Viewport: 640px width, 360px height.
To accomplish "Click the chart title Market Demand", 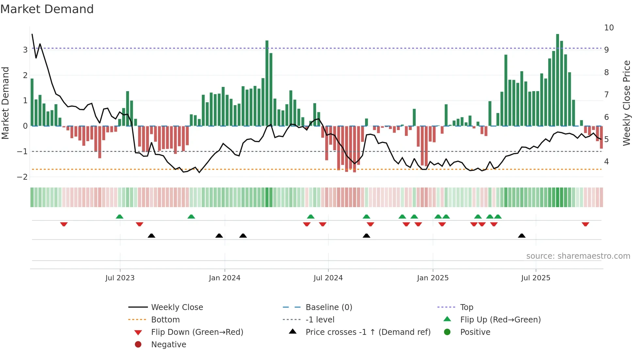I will tap(47, 9).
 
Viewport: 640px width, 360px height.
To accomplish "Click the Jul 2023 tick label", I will tap(120, 278).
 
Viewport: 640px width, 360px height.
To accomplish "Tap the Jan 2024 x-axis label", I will tap(225, 278).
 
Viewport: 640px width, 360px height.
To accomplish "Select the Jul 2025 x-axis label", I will tap(536, 278).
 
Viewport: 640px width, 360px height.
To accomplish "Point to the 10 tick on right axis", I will tap(609, 28).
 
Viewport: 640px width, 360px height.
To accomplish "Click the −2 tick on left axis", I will tap(23, 177).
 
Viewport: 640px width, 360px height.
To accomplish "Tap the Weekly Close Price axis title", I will tap(626, 103).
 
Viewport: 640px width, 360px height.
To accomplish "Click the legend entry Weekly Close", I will tap(177, 307).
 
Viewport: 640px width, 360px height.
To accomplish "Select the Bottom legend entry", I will tap(165, 320).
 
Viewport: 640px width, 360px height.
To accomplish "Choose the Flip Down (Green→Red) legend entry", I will tap(197, 332).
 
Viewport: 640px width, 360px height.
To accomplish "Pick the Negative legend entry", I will tap(168, 345).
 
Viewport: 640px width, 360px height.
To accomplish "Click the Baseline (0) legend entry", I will tap(328, 307).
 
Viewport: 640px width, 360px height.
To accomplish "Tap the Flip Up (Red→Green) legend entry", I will tap(500, 320).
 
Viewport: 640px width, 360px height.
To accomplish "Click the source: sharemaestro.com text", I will tap(578, 256).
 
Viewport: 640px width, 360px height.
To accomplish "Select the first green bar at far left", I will tap(32, 102).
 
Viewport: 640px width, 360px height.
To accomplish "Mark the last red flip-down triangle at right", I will tap(585, 224).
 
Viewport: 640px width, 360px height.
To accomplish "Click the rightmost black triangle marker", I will tap(521, 236).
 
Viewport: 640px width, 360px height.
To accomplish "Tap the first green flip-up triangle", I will tap(120, 217).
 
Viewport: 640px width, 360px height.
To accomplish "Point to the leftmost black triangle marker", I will tap(151, 236).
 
